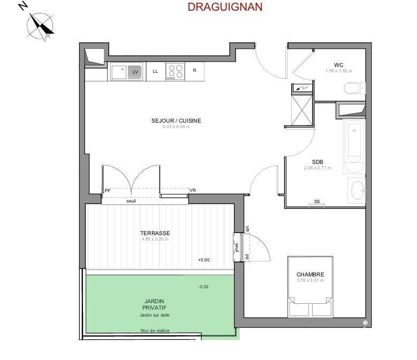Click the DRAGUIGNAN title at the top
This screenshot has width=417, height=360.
225,7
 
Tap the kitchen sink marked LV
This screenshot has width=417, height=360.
127,71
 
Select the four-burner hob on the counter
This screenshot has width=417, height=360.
175,71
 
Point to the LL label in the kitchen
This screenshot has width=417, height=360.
155,71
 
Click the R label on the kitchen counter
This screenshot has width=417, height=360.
194,70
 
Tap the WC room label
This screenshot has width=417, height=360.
338,65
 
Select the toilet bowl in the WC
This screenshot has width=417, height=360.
354,88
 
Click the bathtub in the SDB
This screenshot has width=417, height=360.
354,142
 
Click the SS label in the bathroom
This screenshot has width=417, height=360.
317,201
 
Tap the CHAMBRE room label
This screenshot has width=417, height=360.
310,275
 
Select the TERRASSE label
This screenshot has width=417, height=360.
155,233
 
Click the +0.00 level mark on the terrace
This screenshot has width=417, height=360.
203,260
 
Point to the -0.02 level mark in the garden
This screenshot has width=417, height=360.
203,287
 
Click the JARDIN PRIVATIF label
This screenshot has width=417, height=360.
155,304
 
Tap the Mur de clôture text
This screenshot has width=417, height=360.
155,331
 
